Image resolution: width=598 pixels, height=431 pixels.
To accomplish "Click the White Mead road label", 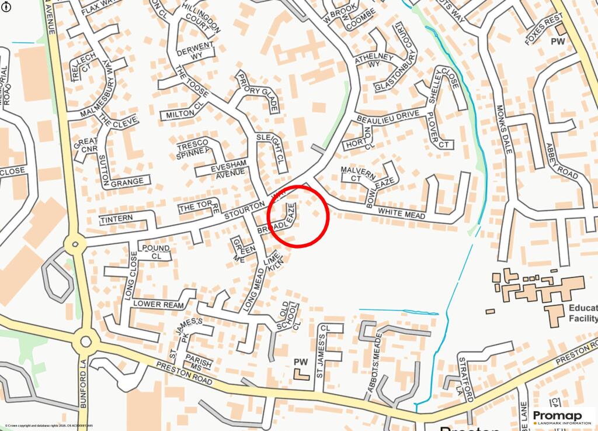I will click(402, 213).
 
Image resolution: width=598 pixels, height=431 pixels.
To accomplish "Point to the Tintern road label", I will click(116, 219).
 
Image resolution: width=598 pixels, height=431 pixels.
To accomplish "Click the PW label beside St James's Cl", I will click(301, 363).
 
